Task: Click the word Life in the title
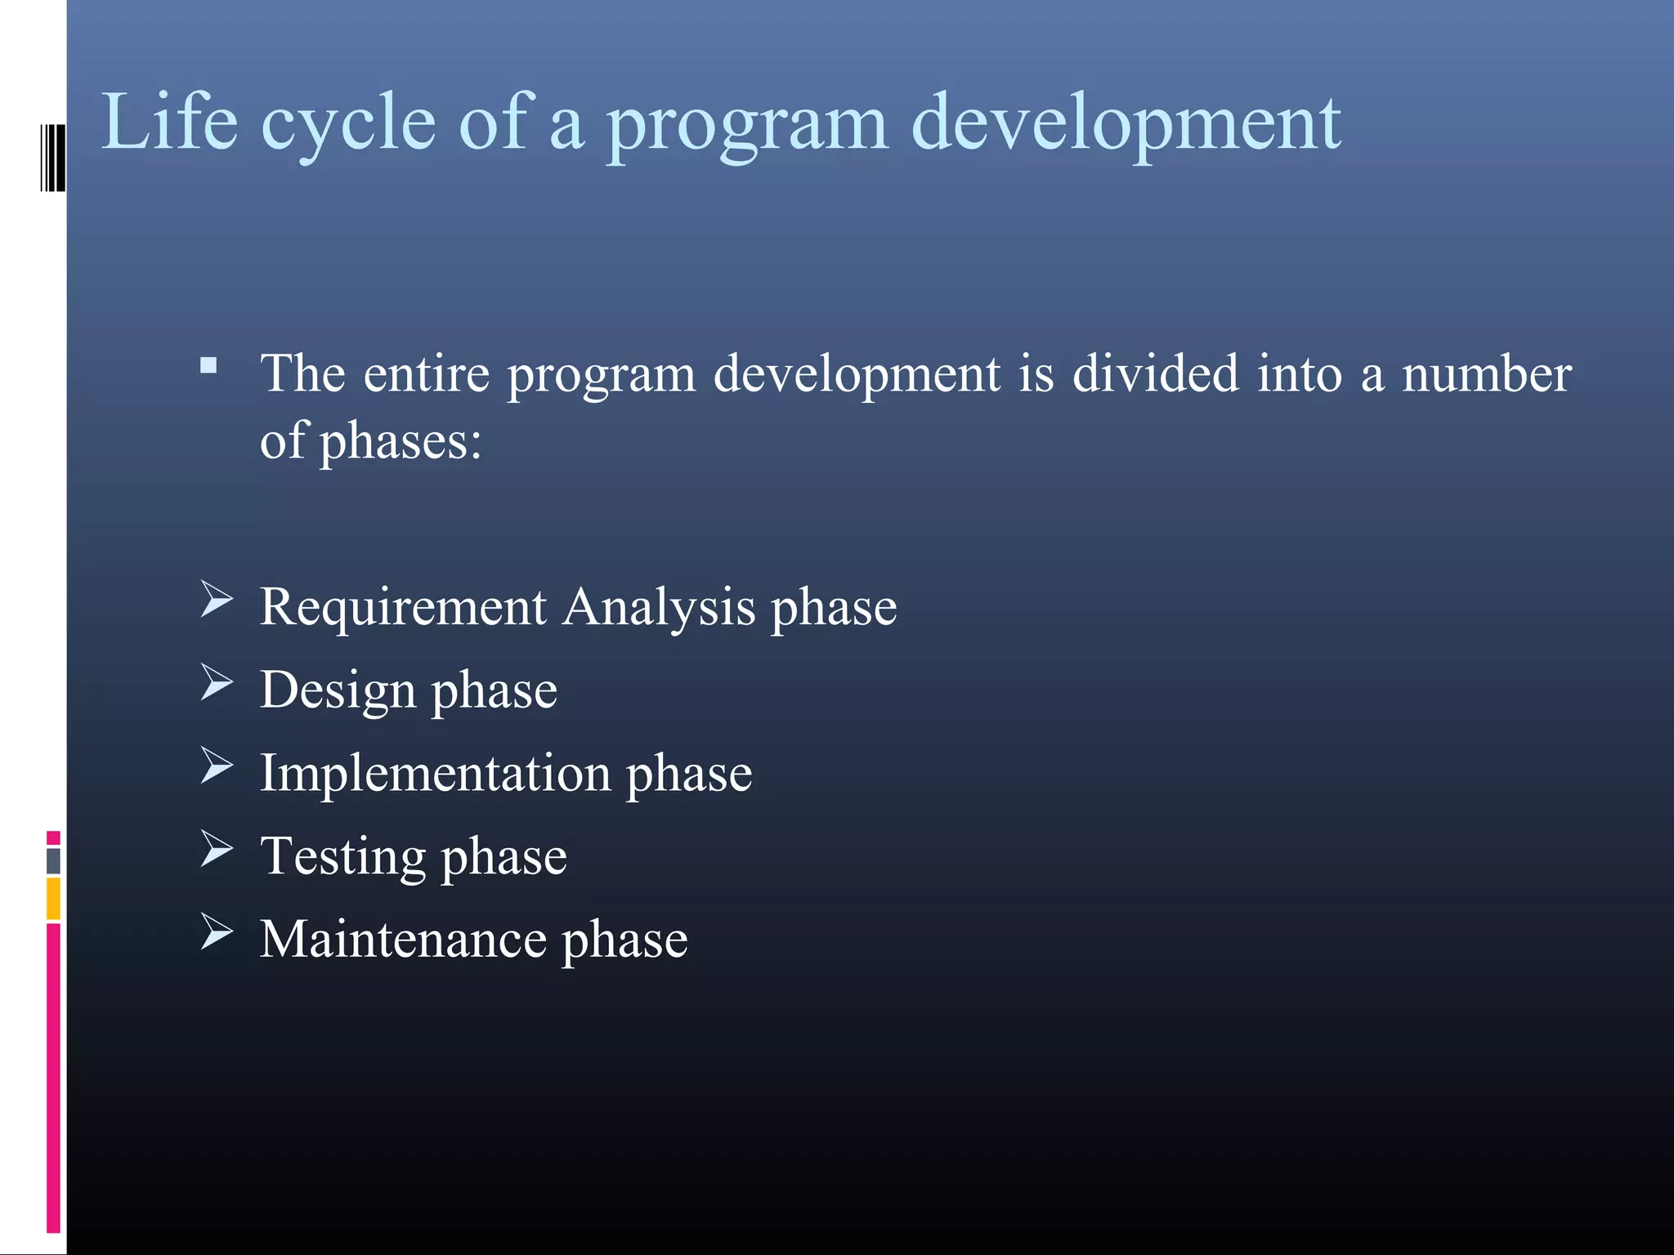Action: point(169,123)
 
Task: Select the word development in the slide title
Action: point(1126,124)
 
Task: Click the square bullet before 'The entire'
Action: point(208,365)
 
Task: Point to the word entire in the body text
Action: point(426,374)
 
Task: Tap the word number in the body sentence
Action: point(1486,374)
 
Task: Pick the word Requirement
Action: point(403,608)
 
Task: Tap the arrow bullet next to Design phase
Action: point(217,683)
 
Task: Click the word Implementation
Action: point(435,774)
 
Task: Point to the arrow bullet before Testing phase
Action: point(217,849)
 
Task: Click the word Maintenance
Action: point(403,940)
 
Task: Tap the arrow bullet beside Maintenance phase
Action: point(217,932)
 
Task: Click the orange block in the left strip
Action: point(53,899)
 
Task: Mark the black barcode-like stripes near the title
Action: point(52,158)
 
